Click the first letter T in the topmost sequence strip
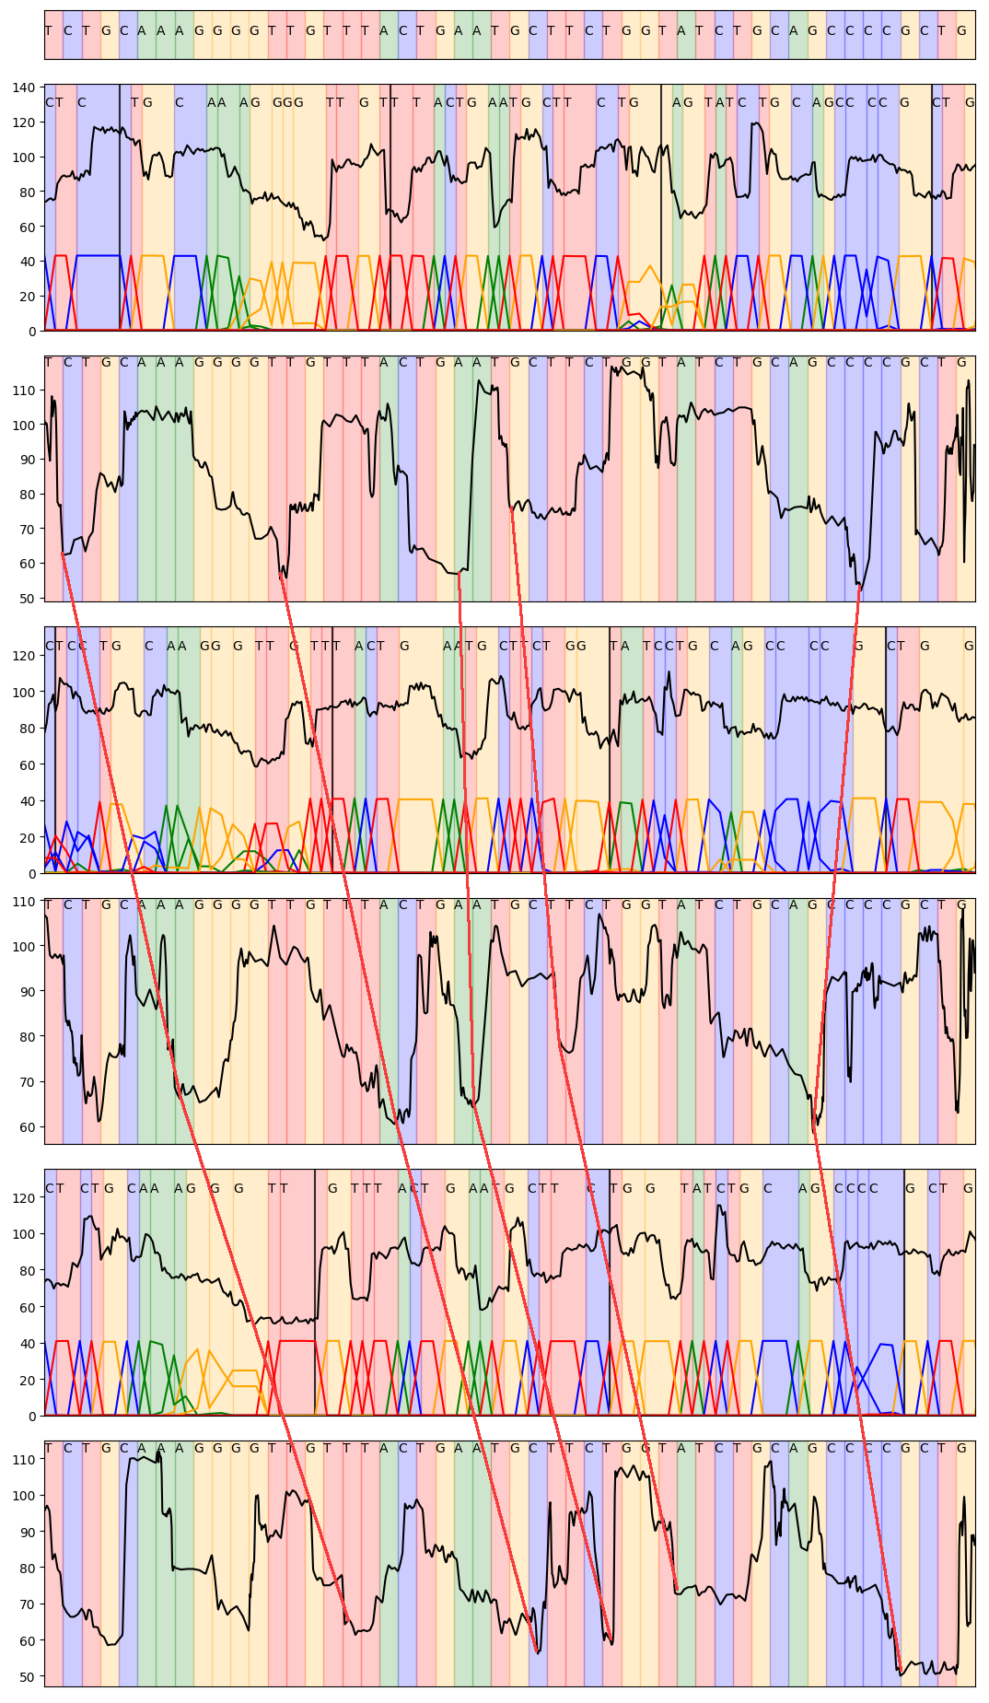(x=48, y=30)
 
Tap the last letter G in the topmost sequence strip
(x=961, y=30)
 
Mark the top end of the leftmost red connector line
(x=62, y=553)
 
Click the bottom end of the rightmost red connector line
(x=900, y=1669)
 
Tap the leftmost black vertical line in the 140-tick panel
(x=120, y=207)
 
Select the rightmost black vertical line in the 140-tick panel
(x=932, y=207)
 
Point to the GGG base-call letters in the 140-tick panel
(x=287, y=102)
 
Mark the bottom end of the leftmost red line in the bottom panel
(x=346, y=1623)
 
